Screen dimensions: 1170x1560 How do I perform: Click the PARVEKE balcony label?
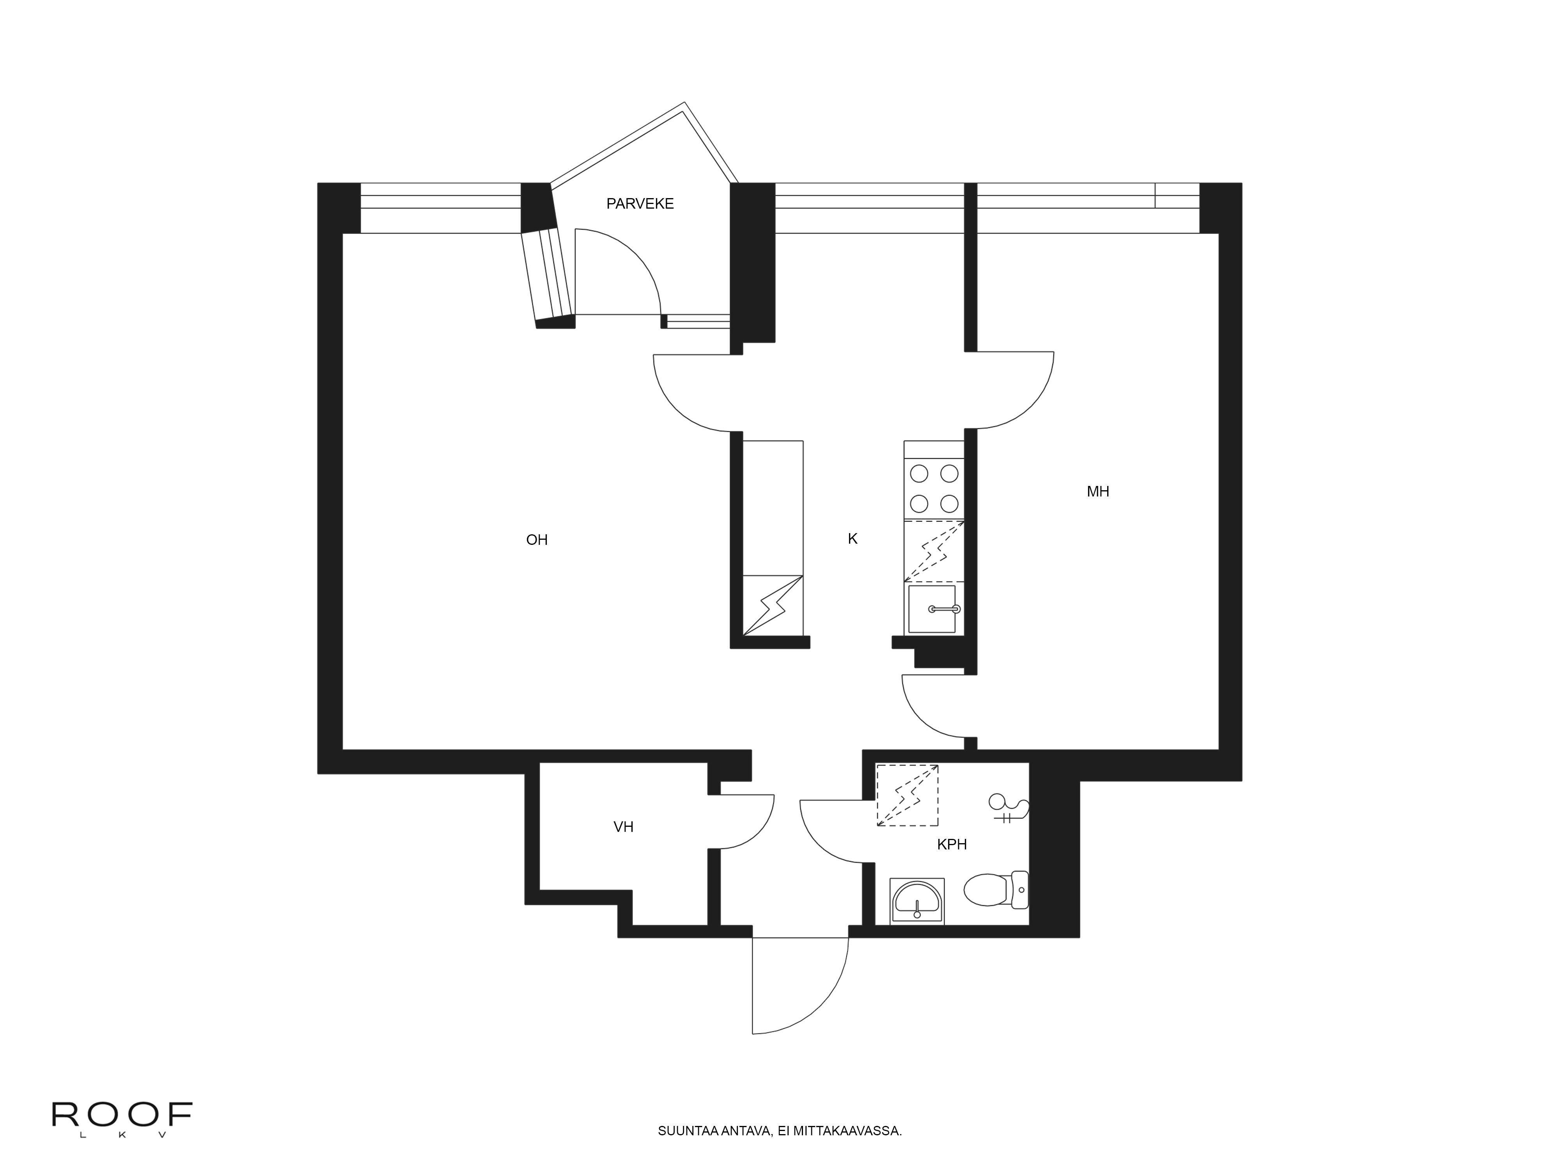tap(640, 204)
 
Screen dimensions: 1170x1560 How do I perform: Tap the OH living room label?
tap(537, 539)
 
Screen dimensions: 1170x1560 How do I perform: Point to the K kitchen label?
tap(852, 539)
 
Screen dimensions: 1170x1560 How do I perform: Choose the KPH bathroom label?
tap(951, 844)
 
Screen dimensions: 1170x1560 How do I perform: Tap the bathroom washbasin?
tap(917, 901)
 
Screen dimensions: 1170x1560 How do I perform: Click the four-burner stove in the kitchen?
tap(934, 488)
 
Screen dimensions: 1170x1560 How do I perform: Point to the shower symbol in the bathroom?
tap(1009, 808)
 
